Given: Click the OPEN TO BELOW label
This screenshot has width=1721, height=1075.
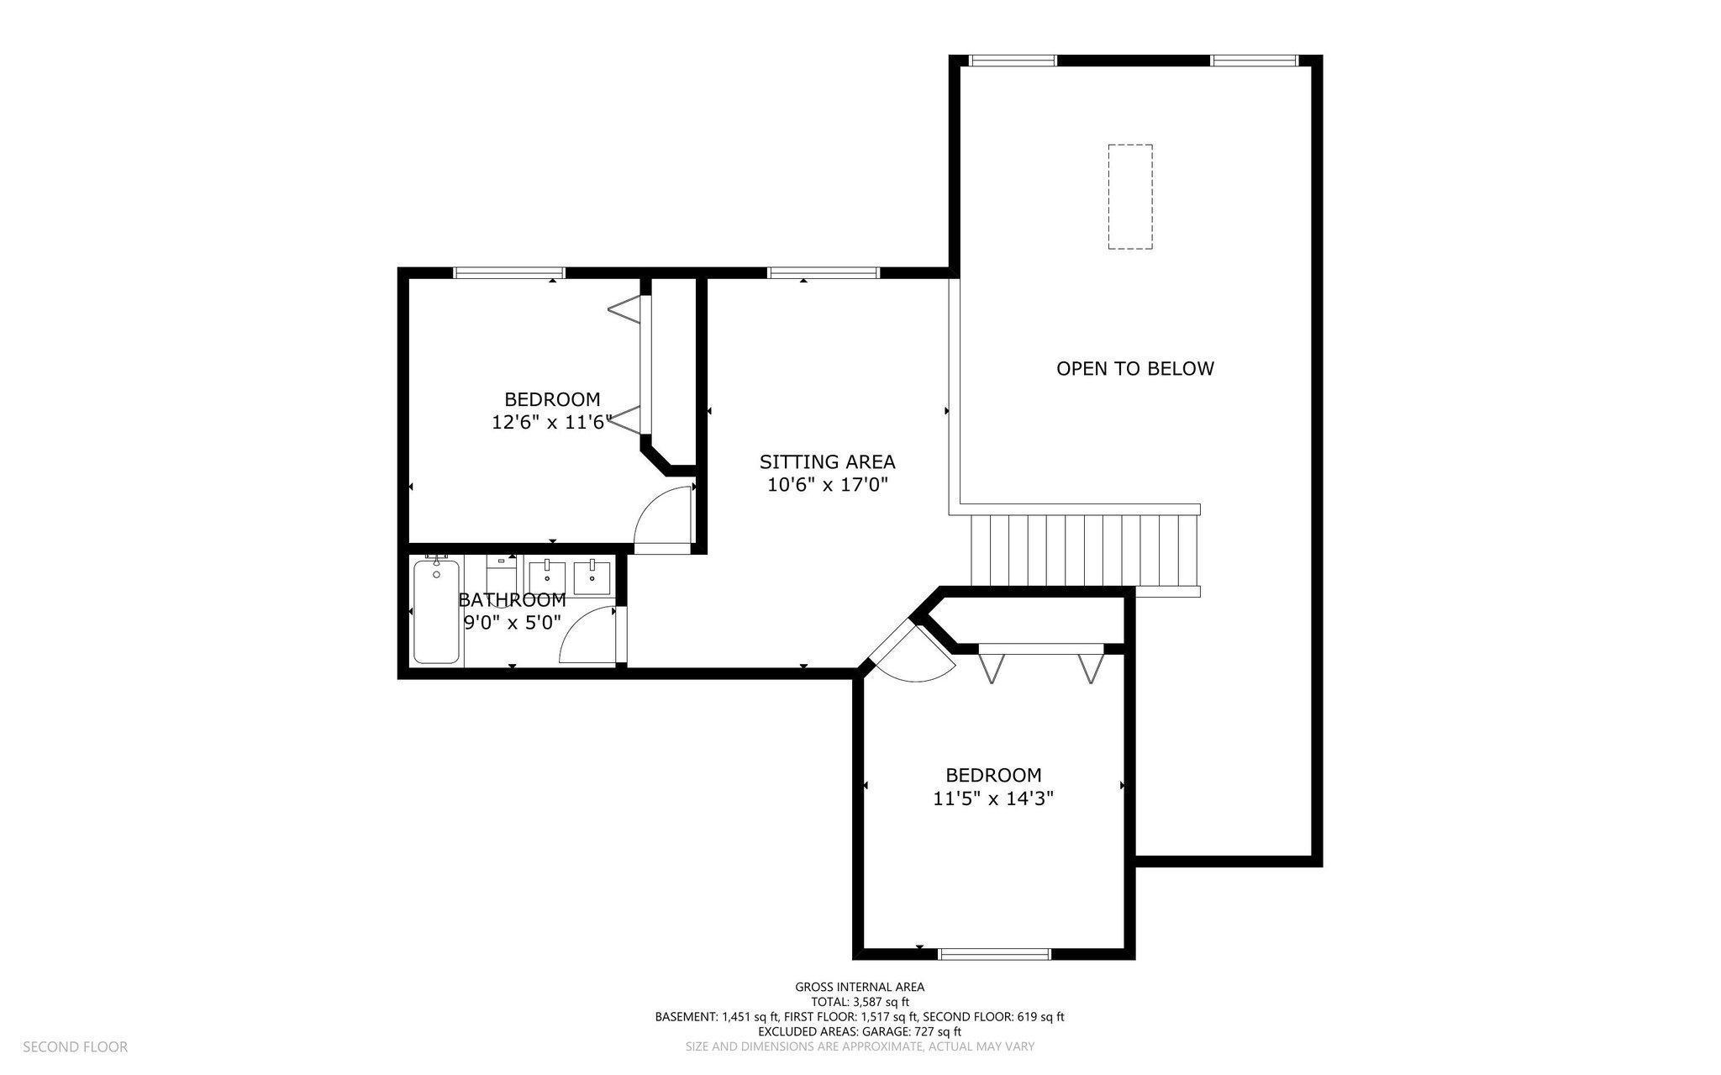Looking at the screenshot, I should [1134, 368].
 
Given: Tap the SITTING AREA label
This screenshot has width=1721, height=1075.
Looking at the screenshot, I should [827, 461].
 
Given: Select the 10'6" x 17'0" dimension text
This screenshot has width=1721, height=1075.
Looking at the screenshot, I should [827, 485].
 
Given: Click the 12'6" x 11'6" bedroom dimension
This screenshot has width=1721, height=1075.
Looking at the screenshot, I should [551, 422].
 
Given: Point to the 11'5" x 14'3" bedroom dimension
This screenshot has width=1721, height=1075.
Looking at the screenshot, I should [993, 798].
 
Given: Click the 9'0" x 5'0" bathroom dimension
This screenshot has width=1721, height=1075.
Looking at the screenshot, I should [512, 623].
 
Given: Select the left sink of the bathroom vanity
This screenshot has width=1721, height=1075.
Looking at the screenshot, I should [548, 577].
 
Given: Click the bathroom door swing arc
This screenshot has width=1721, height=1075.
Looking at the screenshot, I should [586, 636].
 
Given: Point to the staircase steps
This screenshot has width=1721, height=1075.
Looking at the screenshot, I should [1084, 551].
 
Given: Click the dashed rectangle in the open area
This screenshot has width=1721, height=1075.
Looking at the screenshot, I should [1129, 197].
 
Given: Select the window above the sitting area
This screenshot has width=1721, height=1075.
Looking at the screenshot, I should [824, 272].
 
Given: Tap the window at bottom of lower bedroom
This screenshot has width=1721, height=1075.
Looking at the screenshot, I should [994, 953].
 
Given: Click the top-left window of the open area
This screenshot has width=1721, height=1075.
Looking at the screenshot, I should [1013, 60].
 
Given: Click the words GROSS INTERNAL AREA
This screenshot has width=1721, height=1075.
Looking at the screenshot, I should [860, 987].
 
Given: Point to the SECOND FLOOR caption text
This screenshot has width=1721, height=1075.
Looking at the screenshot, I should [75, 1046].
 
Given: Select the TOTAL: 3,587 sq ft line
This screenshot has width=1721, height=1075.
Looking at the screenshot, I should [860, 1002].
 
